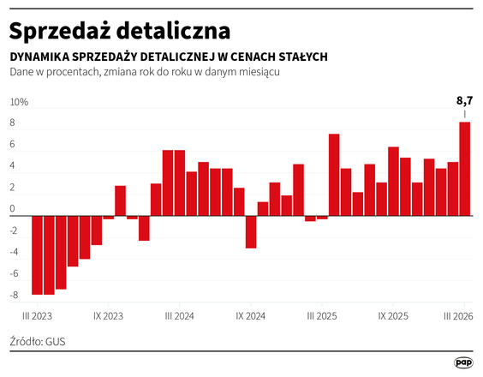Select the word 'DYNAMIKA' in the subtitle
(x=42, y=57)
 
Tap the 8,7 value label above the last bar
(x=464, y=101)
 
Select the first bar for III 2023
(x=37, y=254)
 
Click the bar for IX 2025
(x=393, y=181)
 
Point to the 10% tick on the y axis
(x=19, y=103)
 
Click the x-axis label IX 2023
(x=107, y=315)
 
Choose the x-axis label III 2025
(x=320, y=315)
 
